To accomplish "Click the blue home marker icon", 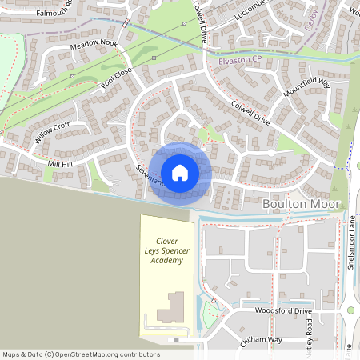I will pyautogui.click(x=180, y=172).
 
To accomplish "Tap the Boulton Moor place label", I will pyautogui.click(x=301, y=205).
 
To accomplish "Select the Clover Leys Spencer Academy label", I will pyautogui.click(x=167, y=249).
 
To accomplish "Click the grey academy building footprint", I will pyautogui.click(x=170, y=306).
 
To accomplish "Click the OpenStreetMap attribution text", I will pyautogui.click(x=82, y=354).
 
